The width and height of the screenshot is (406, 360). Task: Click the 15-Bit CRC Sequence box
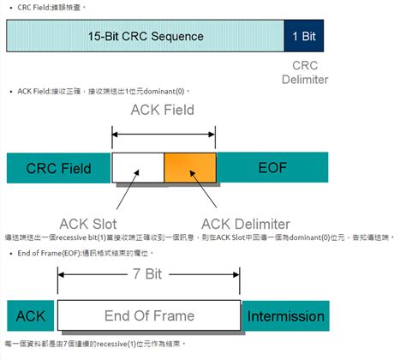tap(146, 37)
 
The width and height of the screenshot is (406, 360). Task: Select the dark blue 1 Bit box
tap(304, 37)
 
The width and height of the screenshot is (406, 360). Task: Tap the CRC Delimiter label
tap(304, 72)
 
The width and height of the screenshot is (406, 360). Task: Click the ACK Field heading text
tap(163, 110)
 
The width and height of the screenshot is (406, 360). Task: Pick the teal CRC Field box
tap(59, 168)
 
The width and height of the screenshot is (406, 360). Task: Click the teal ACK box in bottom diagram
tap(30, 316)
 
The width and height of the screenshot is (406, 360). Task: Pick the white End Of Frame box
tap(150, 316)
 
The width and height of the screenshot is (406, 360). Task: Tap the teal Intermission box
tap(284, 316)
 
